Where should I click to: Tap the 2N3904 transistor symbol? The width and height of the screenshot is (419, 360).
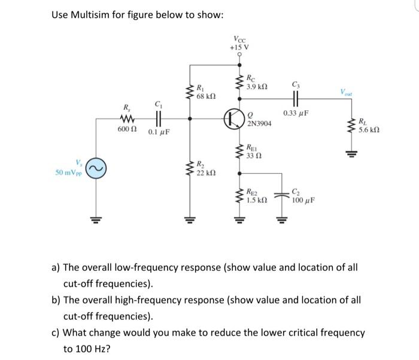[234, 118]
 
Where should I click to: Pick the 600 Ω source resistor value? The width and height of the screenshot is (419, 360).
[126, 130]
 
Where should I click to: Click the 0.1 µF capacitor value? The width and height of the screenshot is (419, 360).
[158, 131]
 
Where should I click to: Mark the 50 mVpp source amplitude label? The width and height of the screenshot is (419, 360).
[69, 173]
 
